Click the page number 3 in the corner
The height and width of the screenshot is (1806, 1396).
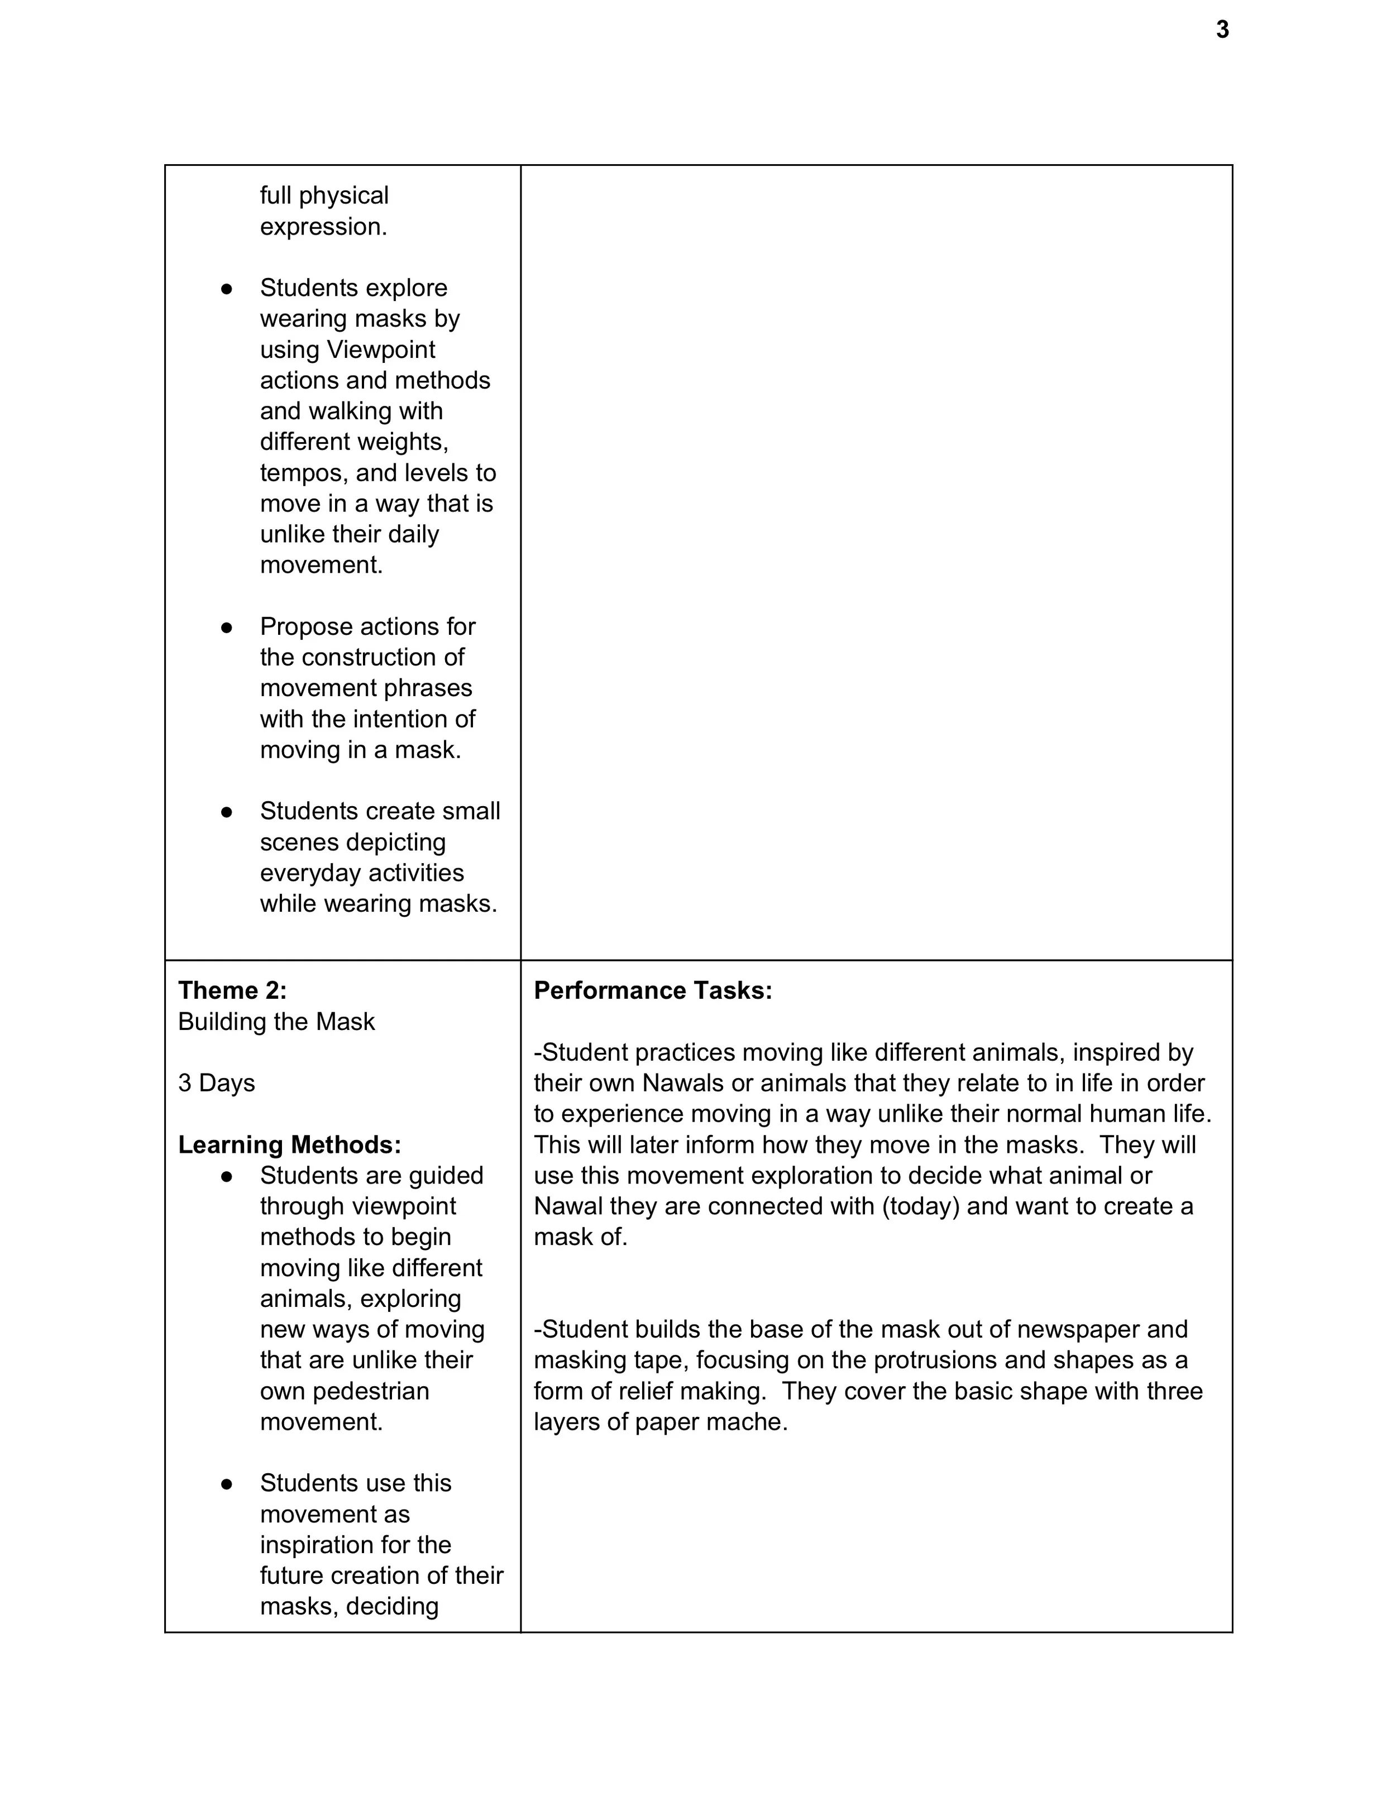[1222, 31]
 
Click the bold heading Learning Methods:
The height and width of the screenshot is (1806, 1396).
[289, 1144]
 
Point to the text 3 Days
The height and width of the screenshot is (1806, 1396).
[217, 1082]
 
